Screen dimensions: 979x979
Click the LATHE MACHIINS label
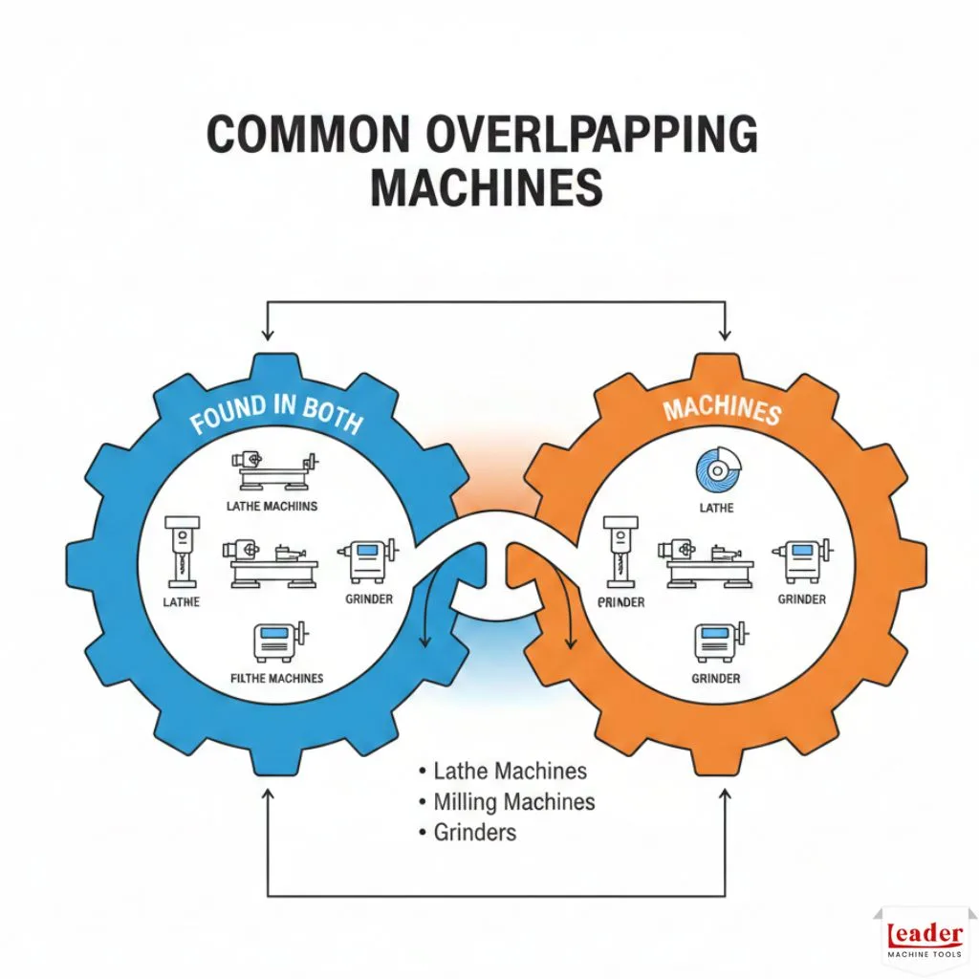[x=272, y=505]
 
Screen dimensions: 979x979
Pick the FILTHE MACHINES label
[x=277, y=678]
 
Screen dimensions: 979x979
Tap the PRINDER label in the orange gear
[x=621, y=602]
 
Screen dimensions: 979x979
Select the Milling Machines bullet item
[x=513, y=801]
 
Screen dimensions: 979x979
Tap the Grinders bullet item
[x=474, y=832]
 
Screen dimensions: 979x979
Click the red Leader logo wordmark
[x=925, y=935]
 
